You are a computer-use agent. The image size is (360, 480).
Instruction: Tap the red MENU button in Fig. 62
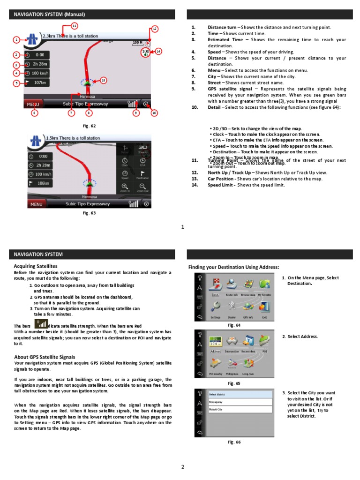point(33,104)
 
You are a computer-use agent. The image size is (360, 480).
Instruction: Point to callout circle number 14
point(158,51)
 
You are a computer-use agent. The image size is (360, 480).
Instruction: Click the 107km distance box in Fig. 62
point(37,83)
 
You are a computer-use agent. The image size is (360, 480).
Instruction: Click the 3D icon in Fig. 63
point(142,147)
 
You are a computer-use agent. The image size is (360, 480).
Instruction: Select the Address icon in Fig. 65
point(215,342)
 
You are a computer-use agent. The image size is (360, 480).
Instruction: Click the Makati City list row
point(240,409)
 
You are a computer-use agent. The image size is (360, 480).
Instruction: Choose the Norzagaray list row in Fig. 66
point(240,402)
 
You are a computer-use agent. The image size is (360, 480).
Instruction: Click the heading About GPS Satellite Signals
point(45,357)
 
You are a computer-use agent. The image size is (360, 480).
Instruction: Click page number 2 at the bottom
point(183,467)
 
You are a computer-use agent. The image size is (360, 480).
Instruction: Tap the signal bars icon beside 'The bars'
point(42,324)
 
